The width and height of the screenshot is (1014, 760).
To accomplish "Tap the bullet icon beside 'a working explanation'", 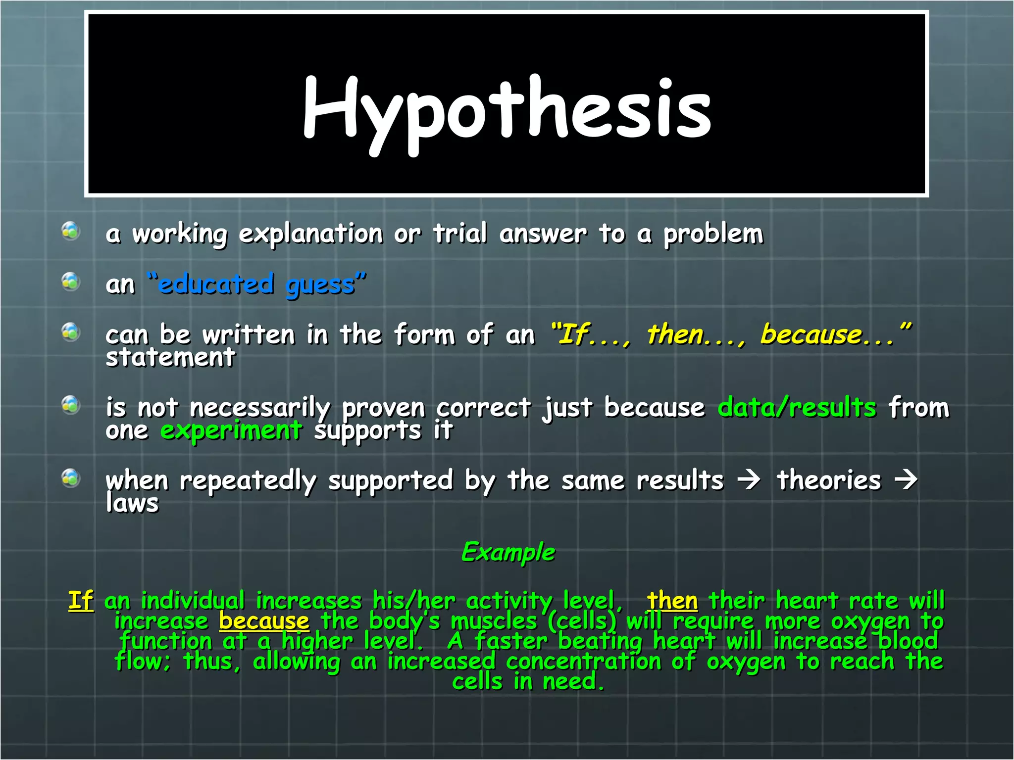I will pyautogui.click(x=71, y=231).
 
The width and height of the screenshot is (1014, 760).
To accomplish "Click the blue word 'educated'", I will pyautogui.click(x=216, y=284).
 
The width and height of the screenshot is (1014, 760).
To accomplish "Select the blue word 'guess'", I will pyautogui.click(x=320, y=285).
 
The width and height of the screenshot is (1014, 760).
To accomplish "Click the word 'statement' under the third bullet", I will pyautogui.click(x=170, y=357).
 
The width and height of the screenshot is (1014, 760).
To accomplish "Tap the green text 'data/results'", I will pyautogui.click(x=797, y=407).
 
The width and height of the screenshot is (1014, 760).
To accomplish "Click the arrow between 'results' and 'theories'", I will pyautogui.click(x=749, y=480).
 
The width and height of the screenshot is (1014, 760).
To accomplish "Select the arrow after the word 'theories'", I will pyautogui.click(x=906, y=480).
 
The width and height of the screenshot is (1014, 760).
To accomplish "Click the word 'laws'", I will pyautogui.click(x=132, y=503).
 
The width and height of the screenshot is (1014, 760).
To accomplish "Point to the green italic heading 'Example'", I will pyautogui.click(x=508, y=552).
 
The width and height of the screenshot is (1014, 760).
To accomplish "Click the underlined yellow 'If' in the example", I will pyautogui.click(x=81, y=601).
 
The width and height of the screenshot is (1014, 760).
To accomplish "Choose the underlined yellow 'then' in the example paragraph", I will pyautogui.click(x=672, y=601).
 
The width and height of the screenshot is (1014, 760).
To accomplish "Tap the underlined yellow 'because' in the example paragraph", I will pyautogui.click(x=264, y=621).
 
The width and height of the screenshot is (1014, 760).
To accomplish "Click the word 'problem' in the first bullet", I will pyautogui.click(x=713, y=234).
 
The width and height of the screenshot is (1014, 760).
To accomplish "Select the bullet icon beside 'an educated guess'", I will pyautogui.click(x=71, y=282).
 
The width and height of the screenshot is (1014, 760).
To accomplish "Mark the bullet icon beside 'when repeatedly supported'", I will pyautogui.click(x=71, y=478).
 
